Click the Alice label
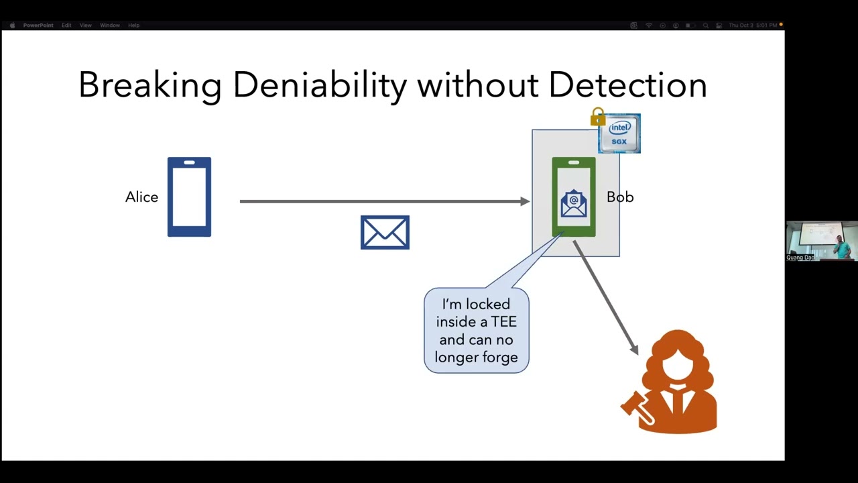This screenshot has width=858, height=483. (141, 197)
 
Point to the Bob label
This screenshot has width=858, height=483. (620, 197)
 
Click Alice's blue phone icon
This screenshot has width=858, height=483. (189, 197)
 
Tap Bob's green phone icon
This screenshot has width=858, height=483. (574, 197)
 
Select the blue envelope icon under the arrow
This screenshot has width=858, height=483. (385, 232)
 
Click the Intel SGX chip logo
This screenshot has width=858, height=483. (619, 133)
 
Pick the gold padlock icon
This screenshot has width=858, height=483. (598, 117)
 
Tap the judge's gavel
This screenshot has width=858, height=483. (635, 408)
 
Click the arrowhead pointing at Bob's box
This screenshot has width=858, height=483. (525, 201)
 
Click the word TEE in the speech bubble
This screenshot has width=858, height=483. (503, 322)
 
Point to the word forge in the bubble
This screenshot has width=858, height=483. (499, 358)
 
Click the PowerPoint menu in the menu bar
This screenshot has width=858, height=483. (38, 25)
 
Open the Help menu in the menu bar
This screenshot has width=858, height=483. (133, 25)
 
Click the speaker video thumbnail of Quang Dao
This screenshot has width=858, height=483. (821, 241)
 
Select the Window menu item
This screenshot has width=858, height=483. (109, 25)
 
